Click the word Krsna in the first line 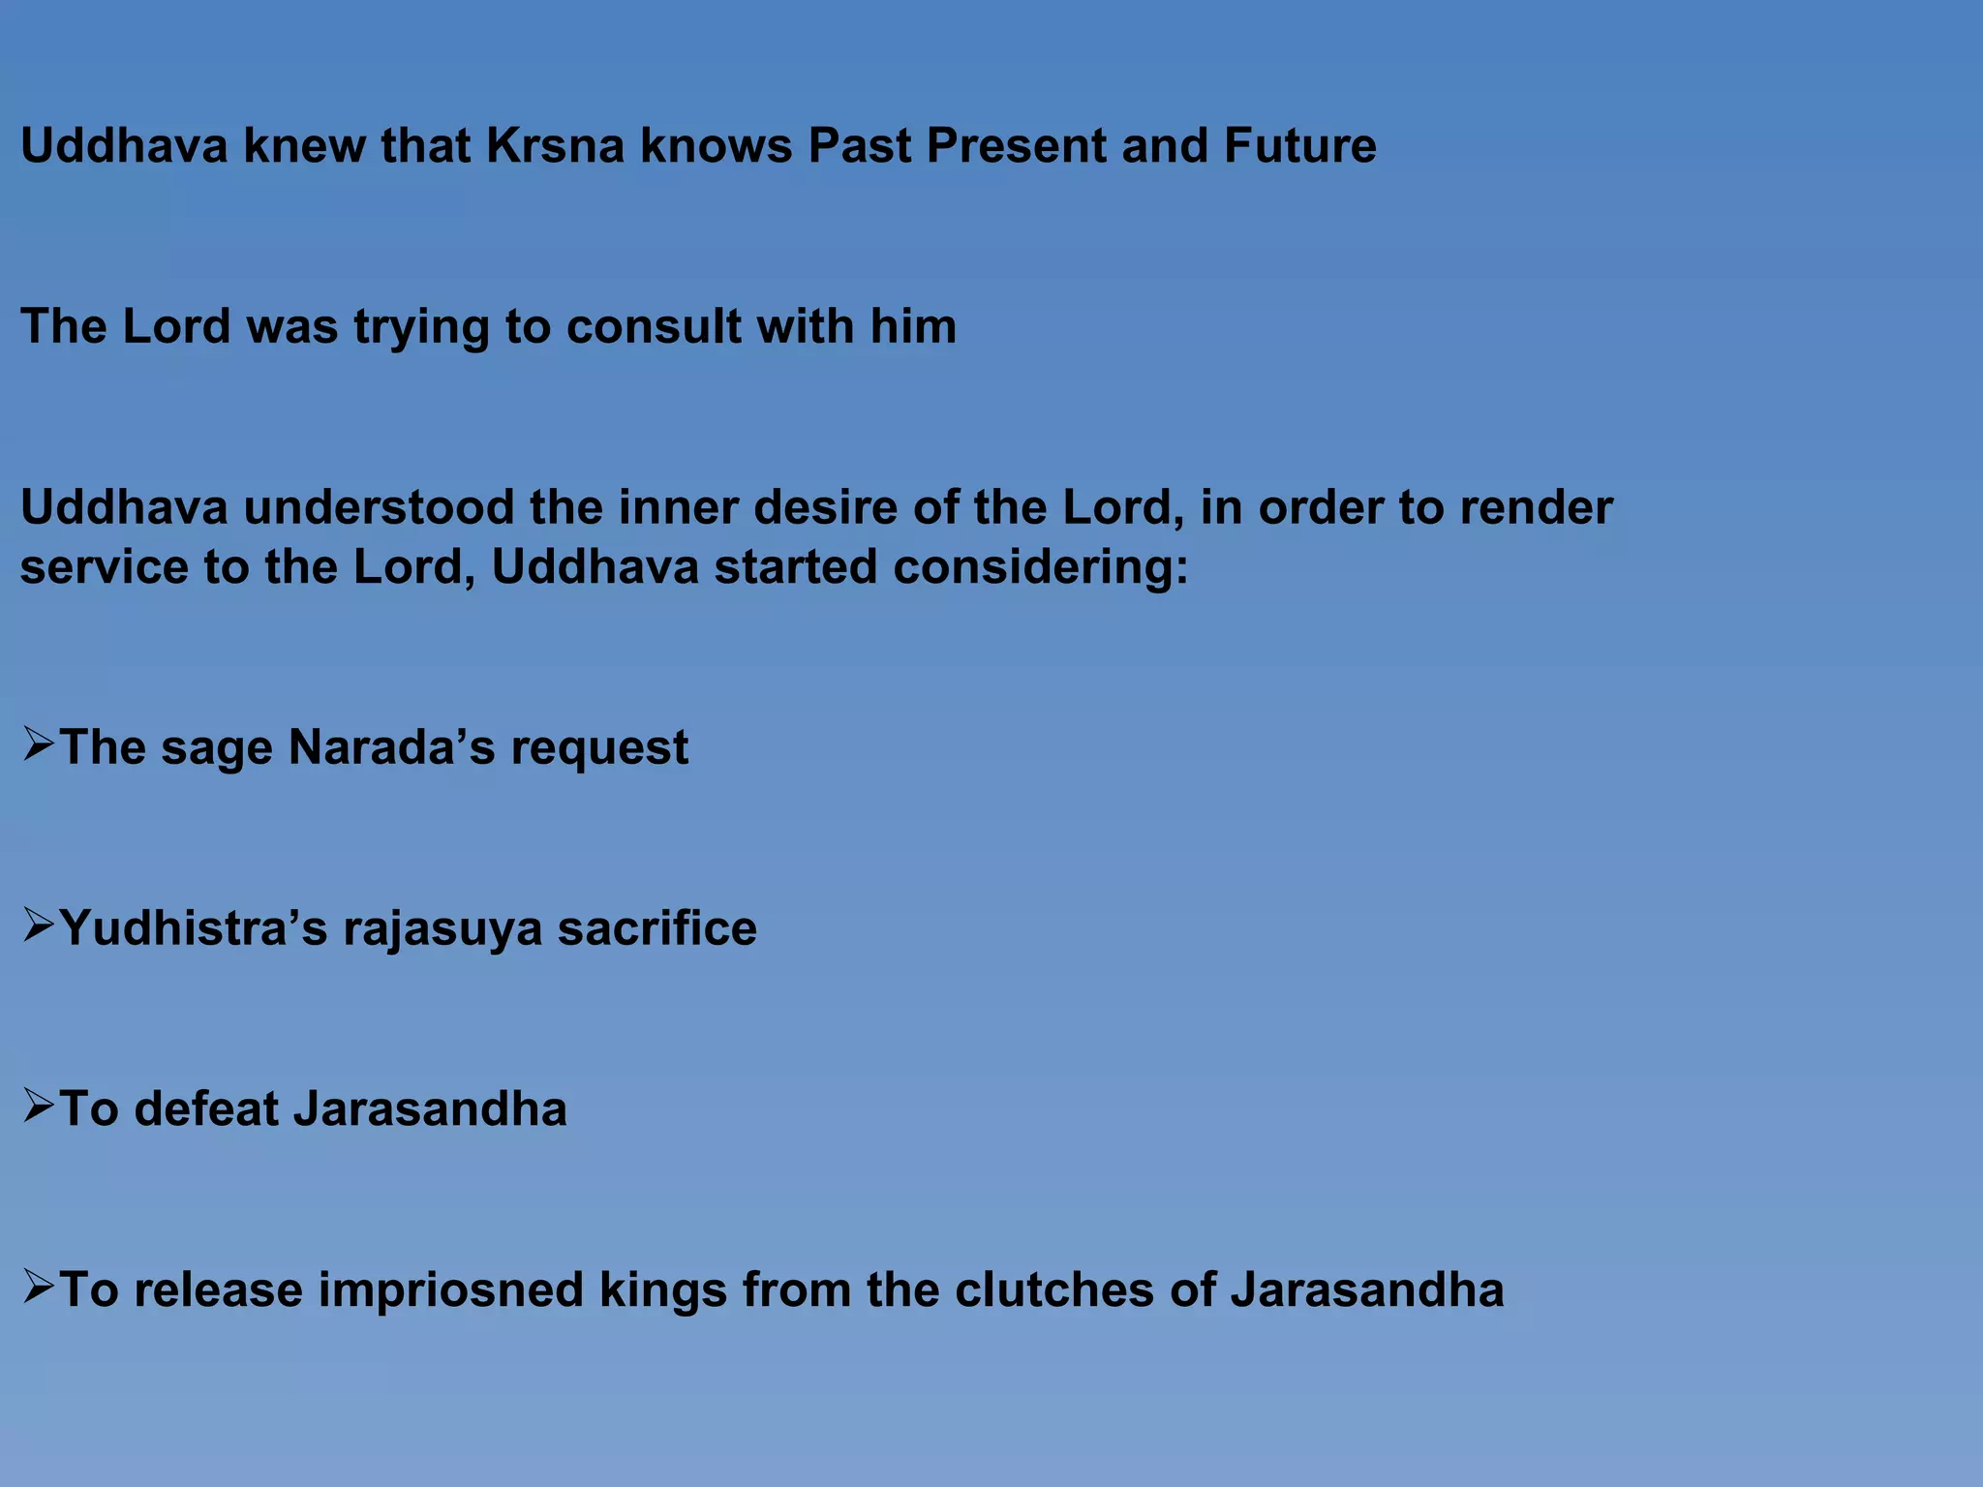point(555,146)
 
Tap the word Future point(1299,146)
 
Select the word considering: point(1040,566)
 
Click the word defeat point(206,1108)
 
